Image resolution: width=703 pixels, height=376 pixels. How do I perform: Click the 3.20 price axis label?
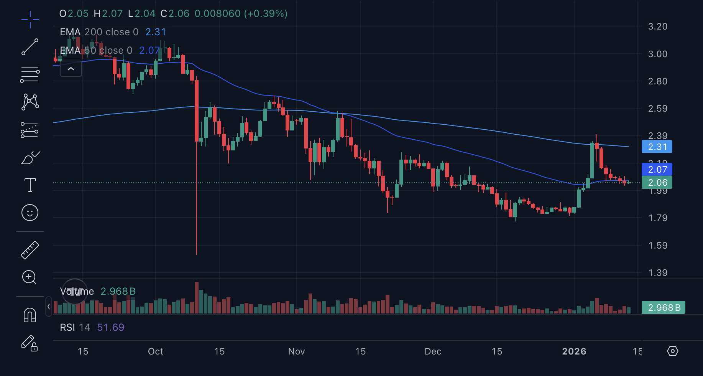pyautogui.click(x=657, y=26)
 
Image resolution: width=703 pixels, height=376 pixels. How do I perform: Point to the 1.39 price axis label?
pyautogui.click(x=657, y=273)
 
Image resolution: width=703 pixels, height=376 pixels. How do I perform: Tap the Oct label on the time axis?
pyautogui.click(x=155, y=351)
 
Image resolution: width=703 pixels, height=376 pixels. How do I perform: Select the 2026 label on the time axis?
pyautogui.click(x=574, y=351)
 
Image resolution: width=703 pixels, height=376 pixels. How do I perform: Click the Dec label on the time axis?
pyautogui.click(x=433, y=351)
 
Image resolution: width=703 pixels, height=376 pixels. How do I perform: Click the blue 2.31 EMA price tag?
pyautogui.click(x=657, y=147)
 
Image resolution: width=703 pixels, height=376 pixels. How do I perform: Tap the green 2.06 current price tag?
pyautogui.click(x=657, y=183)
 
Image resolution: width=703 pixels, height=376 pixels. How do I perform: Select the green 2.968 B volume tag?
pyautogui.click(x=664, y=308)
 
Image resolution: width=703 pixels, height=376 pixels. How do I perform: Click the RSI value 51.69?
pyautogui.click(x=110, y=327)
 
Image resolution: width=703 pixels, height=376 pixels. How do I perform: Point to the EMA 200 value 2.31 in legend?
pyautogui.click(x=156, y=32)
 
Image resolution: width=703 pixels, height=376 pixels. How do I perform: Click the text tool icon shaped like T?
pyautogui.click(x=30, y=185)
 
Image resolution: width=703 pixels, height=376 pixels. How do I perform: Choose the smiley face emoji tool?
pyautogui.click(x=30, y=213)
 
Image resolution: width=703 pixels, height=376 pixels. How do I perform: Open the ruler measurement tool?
pyautogui.click(x=30, y=250)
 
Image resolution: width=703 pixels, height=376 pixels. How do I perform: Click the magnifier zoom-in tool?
pyautogui.click(x=30, y=277)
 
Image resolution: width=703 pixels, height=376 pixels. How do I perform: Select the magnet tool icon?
pyautogui.click(x=30, y=315)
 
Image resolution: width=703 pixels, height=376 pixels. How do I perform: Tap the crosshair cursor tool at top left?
pyautogui.click(x=30, y=19)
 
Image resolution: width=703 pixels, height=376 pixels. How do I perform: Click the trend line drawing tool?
pyautogui.click(x=30, y=47)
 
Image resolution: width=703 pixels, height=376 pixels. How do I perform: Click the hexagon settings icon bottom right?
pyautogui.click(x=673, y=351)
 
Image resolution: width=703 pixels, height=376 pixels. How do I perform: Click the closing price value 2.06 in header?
pyautogui.click(x=179, y=14)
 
